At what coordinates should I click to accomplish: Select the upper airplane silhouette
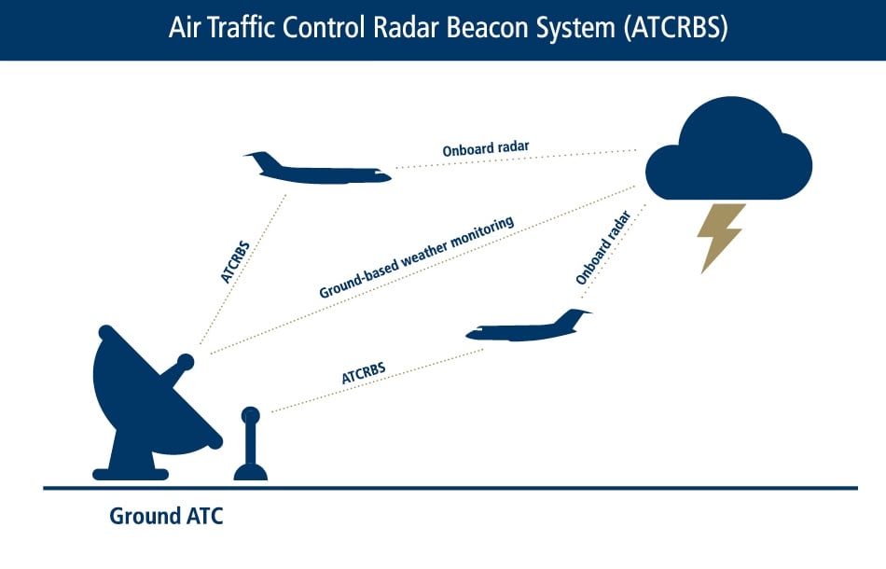317,172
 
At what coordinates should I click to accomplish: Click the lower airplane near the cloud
528,328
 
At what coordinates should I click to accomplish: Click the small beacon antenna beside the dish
250,448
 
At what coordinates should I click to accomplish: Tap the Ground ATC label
166,516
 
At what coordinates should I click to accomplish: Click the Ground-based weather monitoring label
417,258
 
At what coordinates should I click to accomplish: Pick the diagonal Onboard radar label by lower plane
603,247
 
